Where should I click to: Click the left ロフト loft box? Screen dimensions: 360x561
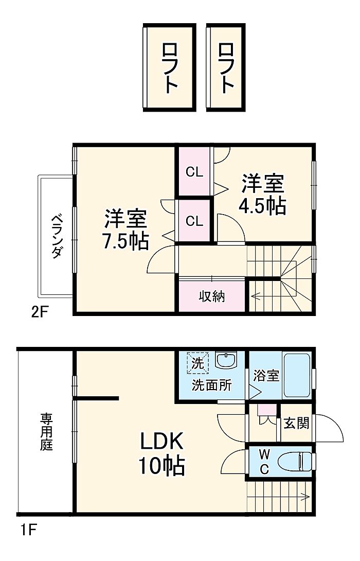pos(169,67)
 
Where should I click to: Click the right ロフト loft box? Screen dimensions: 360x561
pos(226,67)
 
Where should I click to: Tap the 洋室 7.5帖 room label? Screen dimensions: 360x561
pos(125,230)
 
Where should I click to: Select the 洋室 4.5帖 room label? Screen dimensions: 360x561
pos(262,194)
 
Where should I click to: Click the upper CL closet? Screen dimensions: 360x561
pos(194,172)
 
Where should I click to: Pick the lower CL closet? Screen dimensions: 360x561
pos(194,221)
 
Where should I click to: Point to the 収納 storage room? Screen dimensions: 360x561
pos(212,296)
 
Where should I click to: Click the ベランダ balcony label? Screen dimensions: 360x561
pos(57,236)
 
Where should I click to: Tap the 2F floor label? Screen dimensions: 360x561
pos(39,313)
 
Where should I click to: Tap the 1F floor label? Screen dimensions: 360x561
pos(28,530)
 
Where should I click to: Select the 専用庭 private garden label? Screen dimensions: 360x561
pos(46,431)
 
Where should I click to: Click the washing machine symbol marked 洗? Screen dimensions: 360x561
pos(197,363)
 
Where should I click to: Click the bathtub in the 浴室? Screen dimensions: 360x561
pos(296,376)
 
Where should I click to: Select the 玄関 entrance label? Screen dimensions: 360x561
pos(296,424)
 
